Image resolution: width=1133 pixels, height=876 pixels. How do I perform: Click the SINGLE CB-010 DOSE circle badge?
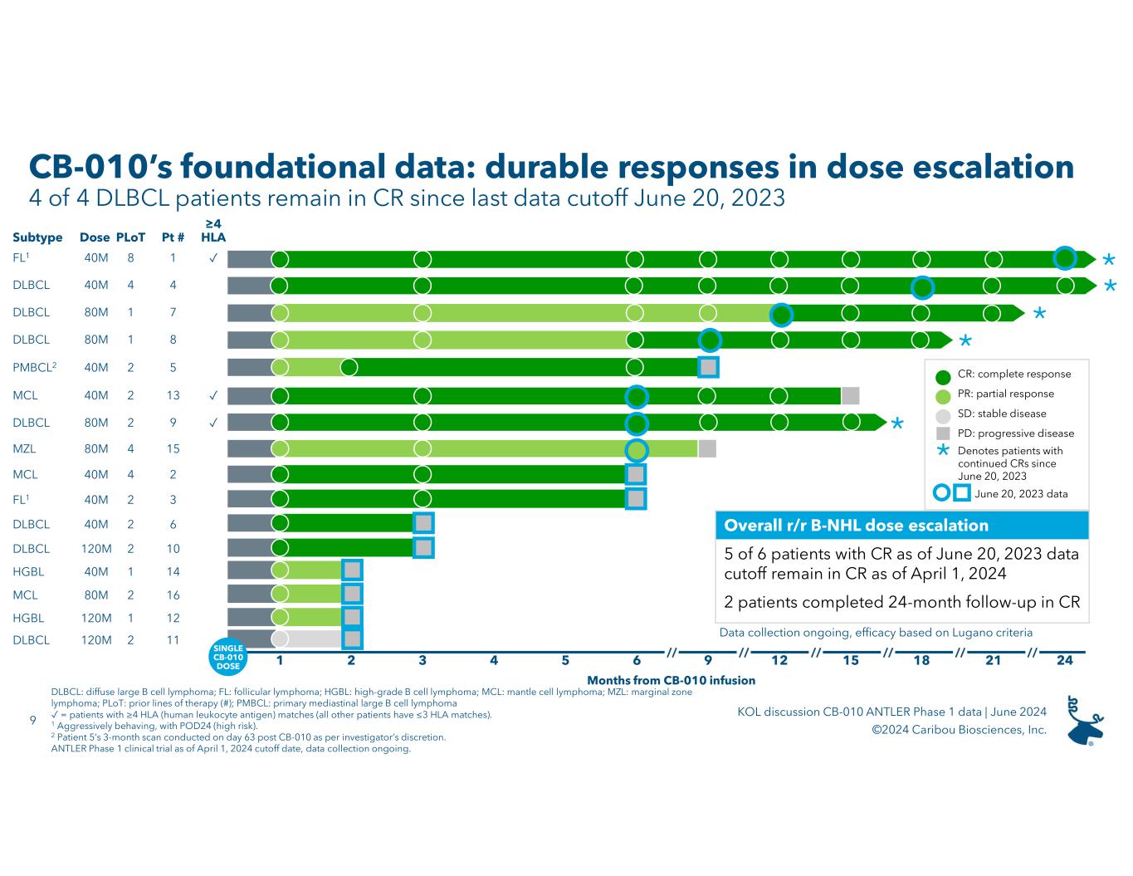click(x=228, y=656)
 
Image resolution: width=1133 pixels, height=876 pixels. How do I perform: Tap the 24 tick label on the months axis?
click(x=1064, y=660)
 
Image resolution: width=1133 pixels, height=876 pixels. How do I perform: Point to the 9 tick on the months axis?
click(x=708, y=660)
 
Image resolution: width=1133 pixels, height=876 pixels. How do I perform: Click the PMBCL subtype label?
click(x=32, y=367)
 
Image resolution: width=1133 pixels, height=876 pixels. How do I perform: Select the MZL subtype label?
click(x=24, y=448)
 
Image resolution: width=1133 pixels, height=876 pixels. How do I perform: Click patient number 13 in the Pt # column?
click(x=173, y=395)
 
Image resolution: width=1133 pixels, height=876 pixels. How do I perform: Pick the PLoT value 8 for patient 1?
click(x=130, y=258)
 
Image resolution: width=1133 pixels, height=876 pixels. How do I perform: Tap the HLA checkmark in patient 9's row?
click(x=213, y=422)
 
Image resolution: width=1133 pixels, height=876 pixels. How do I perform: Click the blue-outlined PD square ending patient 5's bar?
click(x=708, y=366)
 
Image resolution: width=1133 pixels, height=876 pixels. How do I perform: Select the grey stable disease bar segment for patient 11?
click(x=314, y=639)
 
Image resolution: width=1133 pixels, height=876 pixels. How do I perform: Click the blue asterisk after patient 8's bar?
click(x=965, y=342)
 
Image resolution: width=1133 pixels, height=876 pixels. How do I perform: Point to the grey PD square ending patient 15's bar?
click(x=707, y=448)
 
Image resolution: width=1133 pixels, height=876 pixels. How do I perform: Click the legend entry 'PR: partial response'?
click(x=1005, y=394)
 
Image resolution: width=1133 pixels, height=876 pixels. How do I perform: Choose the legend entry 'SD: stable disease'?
click(x=1001, y=414)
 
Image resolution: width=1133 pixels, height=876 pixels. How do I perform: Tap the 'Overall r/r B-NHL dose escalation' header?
click(x=856, y=526)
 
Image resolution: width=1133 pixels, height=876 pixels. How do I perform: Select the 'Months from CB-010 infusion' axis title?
click(x=671, y=680)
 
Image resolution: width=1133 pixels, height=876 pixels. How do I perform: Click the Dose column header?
click(x=95, y=237)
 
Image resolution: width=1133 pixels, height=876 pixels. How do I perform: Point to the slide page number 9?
click(x=32, y=720)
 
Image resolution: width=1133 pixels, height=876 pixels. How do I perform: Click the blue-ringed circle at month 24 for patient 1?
click(x=1065, y=258)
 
